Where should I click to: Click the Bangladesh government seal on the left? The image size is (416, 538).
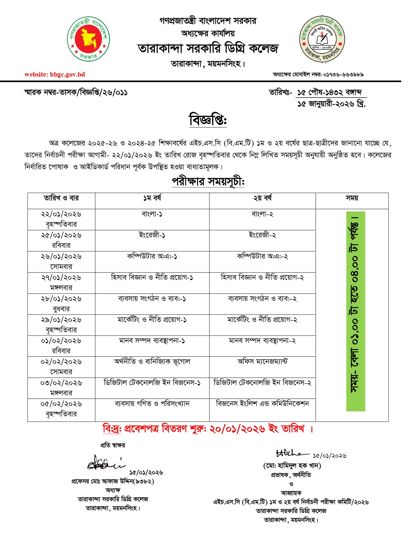[x=88, y=39]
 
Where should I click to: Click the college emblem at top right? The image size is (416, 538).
[x=322, y=39]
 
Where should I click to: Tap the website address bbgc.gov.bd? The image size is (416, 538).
[x=55, y=75]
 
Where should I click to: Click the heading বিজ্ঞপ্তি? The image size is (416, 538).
[x=208, y=120]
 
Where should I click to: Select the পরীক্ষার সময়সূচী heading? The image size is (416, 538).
[x=208, y=181]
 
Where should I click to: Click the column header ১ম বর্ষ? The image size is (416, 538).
[x=152, y=198]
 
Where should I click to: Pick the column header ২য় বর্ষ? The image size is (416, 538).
[x=262, y=198]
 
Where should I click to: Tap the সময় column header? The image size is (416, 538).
[x=352, y=198]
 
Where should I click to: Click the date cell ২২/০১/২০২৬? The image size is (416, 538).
[x=61, y=215]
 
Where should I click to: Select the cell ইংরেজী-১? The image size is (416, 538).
[x=152, y=235]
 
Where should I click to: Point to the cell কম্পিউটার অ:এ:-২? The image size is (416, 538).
[x=262, y=257]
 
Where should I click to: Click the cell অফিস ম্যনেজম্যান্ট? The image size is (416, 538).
[x=262, y=362]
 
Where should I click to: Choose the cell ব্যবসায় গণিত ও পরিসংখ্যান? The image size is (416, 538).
[x=152, y=404]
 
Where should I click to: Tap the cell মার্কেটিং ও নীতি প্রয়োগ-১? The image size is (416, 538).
[x=152, y=320]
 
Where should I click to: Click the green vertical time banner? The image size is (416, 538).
[x=356, y=311]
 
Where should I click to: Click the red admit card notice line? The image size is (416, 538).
[x=208, y=428]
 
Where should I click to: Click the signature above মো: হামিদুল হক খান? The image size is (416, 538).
[x=291, y=453]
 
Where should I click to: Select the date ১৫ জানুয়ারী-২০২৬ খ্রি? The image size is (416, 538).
[x=331, y=104]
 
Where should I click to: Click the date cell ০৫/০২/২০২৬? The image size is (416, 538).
[x=61, y=404]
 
